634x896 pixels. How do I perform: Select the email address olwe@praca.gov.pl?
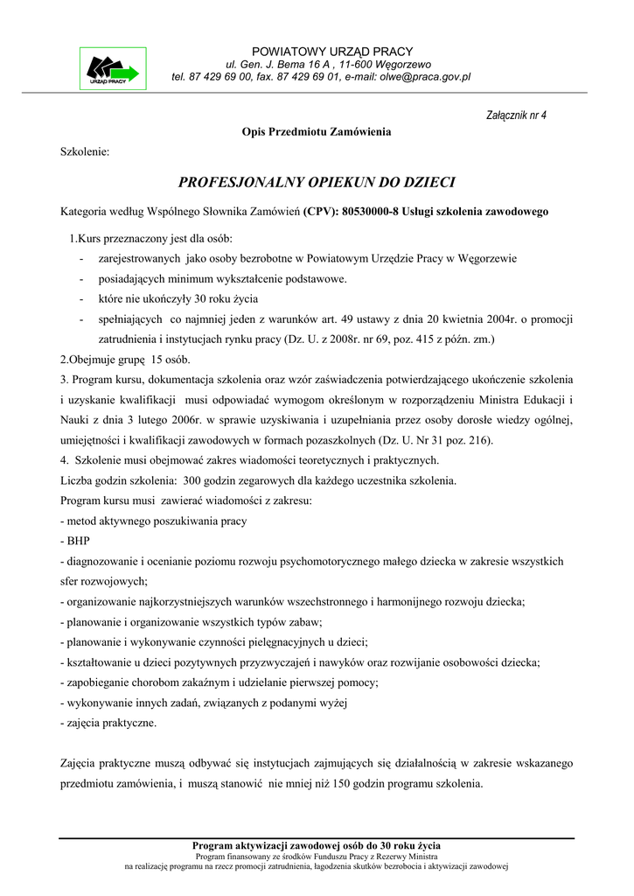[424, 77]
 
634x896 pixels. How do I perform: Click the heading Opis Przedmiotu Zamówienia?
[317, 132]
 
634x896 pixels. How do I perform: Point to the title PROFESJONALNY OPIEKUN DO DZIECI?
[317, 183]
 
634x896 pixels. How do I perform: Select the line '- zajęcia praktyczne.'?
[108, 723]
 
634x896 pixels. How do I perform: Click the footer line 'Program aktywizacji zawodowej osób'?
[317, 845]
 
